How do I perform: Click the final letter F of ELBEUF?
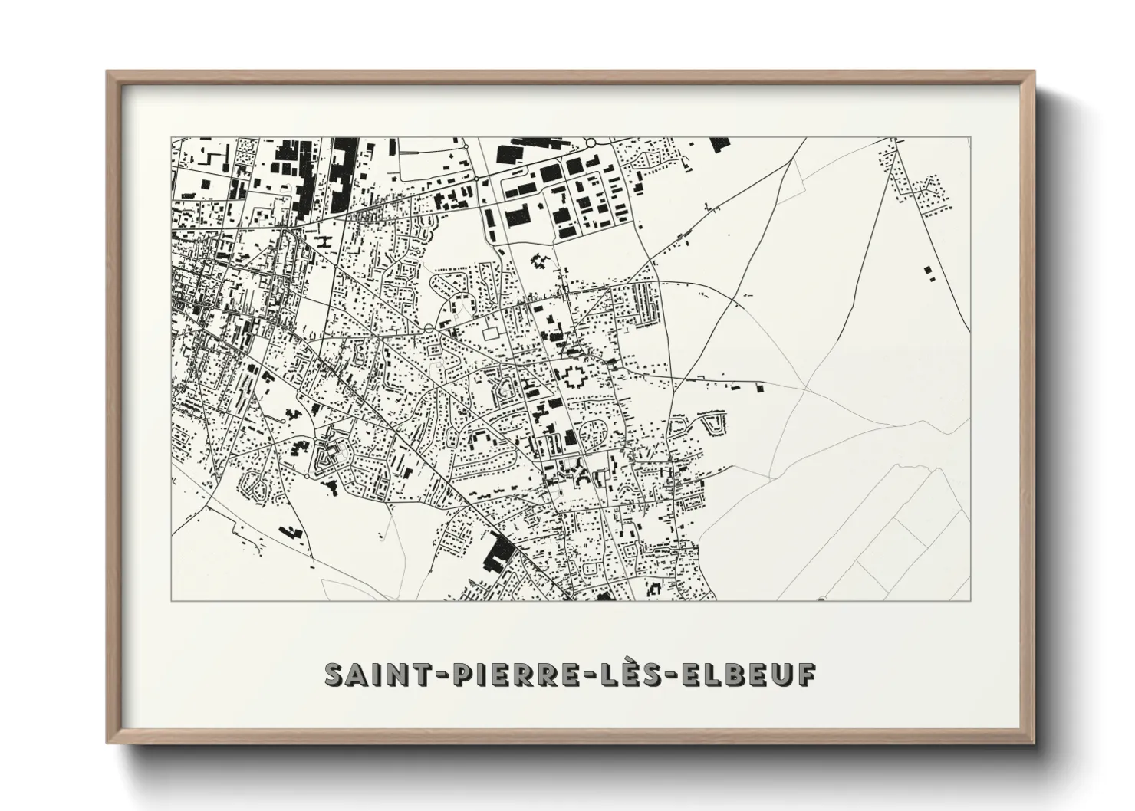(x=804, y=674)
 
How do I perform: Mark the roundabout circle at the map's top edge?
(x=591, y=143)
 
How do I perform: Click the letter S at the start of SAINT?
(x=334, y=674)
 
